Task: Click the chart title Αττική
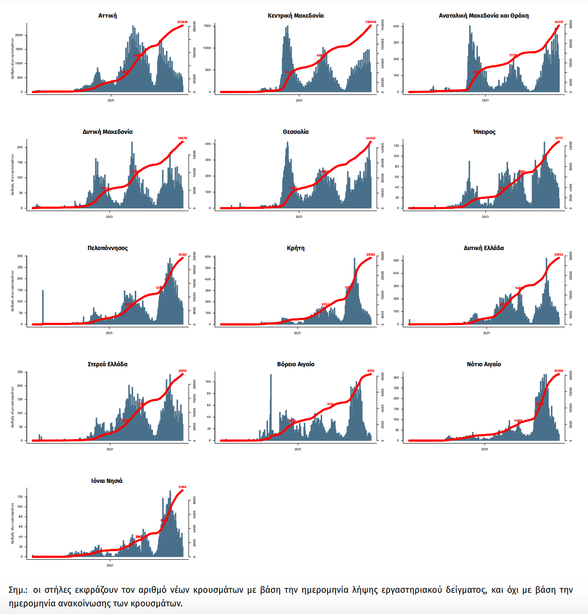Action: click(x=108, y=15)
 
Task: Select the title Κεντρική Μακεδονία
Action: click(x=296, y=15)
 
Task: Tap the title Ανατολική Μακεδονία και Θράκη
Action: click(x=484, y=15)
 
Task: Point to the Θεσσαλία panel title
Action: click(x=296, y=132)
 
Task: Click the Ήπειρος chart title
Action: click(x=484, y=132)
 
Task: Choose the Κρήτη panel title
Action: click(x=296, y=248)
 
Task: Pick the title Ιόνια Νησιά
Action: click(x=107, y=481)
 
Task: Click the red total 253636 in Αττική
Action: click(x=182, y=22)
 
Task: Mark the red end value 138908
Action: click(x=370, y=22)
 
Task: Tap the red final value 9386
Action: click(x=182, y=487)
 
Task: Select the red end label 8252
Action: click(x=370, y=371)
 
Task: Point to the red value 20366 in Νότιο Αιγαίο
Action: click(x=559, y=371)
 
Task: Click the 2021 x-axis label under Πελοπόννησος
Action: click(x=109, y=333)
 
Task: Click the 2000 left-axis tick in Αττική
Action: click(x=18, y=35)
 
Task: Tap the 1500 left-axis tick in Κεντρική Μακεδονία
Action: click(x=207, y=26)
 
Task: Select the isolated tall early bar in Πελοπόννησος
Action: click(x=43, y=307)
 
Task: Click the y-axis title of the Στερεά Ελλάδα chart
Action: click(x=13, y=407)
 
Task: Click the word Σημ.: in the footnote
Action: click(x=18, y=590)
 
